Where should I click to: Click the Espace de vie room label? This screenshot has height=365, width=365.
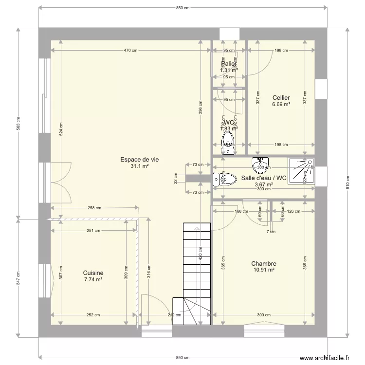(139, 159)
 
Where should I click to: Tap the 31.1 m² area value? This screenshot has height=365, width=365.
(139, 166)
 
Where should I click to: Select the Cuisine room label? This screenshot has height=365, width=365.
(93, 273)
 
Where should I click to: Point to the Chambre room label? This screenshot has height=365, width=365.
(264, 263)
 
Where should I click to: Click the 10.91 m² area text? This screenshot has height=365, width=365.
(264, 270)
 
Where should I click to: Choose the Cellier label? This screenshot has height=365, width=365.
(281, 98)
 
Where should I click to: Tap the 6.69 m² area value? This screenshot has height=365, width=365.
(281, 105)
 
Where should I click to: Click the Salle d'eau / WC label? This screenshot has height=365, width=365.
(264, 178)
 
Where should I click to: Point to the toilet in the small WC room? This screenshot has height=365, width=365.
(227, 141)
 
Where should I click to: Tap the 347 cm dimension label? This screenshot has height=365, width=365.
(18, 278)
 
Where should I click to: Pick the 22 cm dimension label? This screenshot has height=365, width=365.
(175, 179)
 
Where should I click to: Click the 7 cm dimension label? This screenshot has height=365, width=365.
(271, 232)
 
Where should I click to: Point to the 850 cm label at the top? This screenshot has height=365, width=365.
(182, 8)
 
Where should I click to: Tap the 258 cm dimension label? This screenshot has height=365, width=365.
(95, 208)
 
